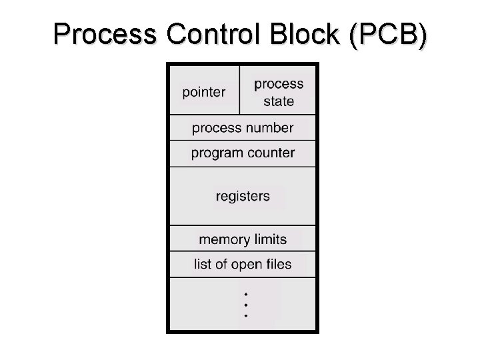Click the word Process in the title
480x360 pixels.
pos(105,34)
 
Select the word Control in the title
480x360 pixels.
pos(213,34)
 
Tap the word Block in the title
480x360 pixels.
pos(305,34)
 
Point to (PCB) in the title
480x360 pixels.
pos(388,35)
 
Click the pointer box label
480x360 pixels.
pos(204,93)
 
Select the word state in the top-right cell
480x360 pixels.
pos(279,101)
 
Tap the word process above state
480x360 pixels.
pos(279,84)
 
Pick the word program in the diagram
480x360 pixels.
pos(217,153)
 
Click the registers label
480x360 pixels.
pos(243,197)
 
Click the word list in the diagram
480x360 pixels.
pos(203,264)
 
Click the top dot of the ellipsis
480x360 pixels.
pos(246,295)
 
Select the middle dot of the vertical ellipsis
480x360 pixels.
pos(246,305)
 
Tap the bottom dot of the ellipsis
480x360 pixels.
pos(246,316)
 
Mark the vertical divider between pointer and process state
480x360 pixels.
pos(240,90)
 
